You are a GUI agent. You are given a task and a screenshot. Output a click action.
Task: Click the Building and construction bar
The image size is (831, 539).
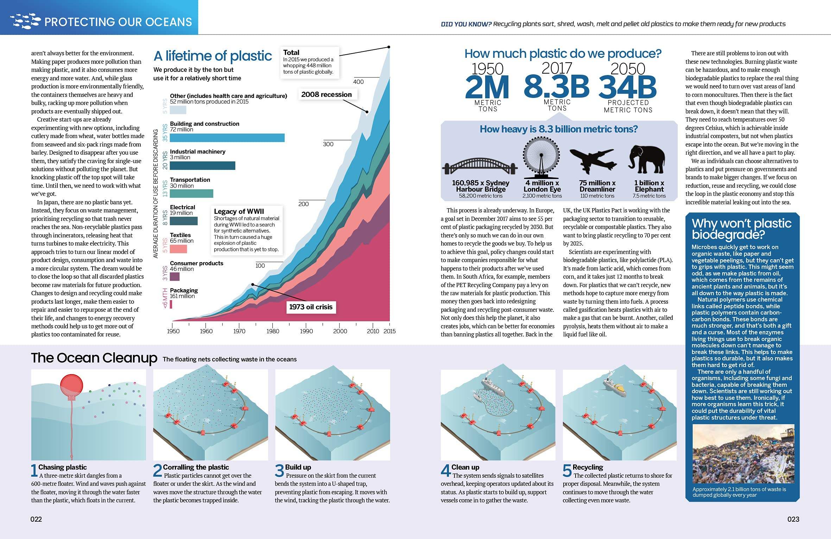point(227,138)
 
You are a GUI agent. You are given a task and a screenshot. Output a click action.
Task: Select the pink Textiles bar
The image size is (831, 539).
point(178,249)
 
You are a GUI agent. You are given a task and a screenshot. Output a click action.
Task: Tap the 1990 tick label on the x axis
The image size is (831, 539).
point(306,331)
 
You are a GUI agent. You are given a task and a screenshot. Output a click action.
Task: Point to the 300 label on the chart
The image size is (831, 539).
point(328,144)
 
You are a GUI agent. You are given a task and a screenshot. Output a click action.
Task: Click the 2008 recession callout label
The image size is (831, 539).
point(326,94)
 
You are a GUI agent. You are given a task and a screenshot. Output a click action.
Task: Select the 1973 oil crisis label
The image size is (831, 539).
point(311,307)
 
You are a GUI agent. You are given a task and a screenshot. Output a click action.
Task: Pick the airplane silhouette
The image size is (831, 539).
point(593,161)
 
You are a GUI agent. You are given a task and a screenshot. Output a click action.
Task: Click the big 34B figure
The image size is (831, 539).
point(627,87)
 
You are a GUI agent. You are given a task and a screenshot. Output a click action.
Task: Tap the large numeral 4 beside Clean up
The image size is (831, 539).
point(445,470)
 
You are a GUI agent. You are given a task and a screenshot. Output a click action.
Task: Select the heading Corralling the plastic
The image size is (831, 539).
point(196,467)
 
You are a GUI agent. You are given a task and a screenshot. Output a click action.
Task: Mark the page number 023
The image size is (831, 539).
point(793,519)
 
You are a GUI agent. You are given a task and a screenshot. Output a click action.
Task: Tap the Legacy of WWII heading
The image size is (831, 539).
point(239,211)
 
